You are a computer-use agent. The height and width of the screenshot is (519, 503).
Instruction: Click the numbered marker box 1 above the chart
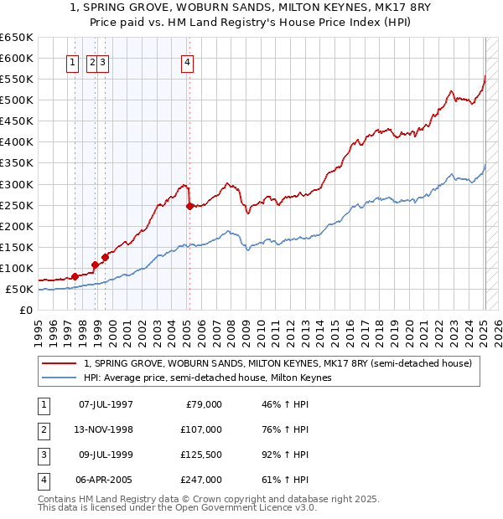tap(73, 61)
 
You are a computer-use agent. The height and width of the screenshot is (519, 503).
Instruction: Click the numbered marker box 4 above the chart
tap(188, 61)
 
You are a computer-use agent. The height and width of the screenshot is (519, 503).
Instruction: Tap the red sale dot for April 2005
tap(189, 205)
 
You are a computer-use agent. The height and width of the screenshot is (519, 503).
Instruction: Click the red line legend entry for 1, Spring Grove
tap(277, 363)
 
